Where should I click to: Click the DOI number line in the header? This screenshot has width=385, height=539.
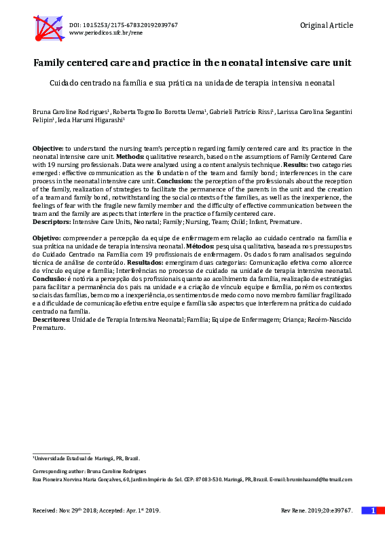(123, 24)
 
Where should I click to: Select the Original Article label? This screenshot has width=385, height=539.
(326, 25)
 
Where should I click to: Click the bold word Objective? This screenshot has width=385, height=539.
(48, 148)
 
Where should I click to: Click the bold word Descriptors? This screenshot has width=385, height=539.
(52, 222)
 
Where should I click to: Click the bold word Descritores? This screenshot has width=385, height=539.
(52, 320)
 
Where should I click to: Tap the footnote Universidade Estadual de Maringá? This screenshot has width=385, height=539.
(86, 459)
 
